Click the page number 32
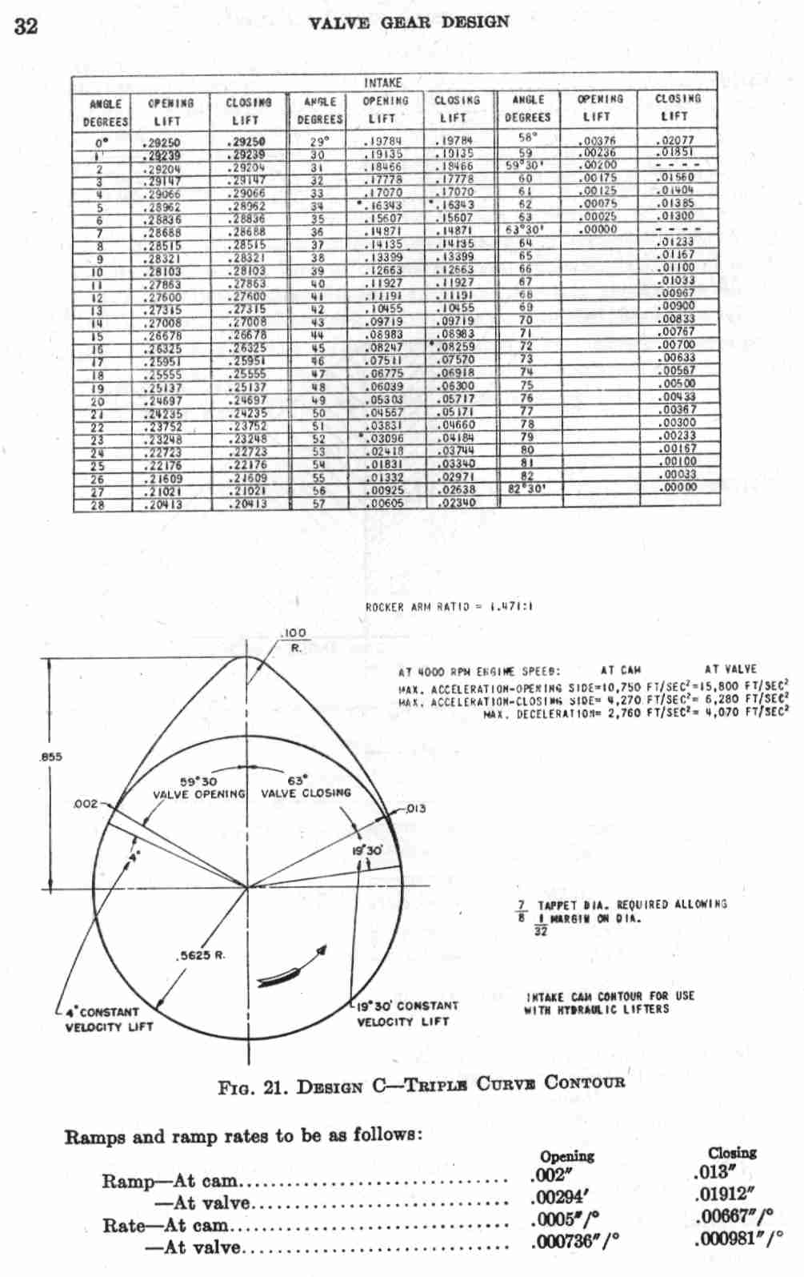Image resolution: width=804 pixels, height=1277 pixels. point(26,26)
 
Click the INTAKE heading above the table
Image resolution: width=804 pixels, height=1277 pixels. point(382,82)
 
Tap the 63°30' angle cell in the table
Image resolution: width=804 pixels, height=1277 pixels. point(525,230)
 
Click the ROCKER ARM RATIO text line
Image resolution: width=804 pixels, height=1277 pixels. point(449,607)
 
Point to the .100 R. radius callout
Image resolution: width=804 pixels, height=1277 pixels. point(293,640)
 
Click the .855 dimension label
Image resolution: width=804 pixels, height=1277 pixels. point(50,757)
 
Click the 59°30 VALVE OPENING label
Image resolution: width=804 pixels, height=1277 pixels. point(198,788)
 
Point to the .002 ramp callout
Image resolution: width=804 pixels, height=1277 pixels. point(85,804)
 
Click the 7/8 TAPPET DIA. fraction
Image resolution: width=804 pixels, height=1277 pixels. point(522,911)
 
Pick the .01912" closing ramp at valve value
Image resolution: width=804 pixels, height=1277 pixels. point(723,1195)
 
